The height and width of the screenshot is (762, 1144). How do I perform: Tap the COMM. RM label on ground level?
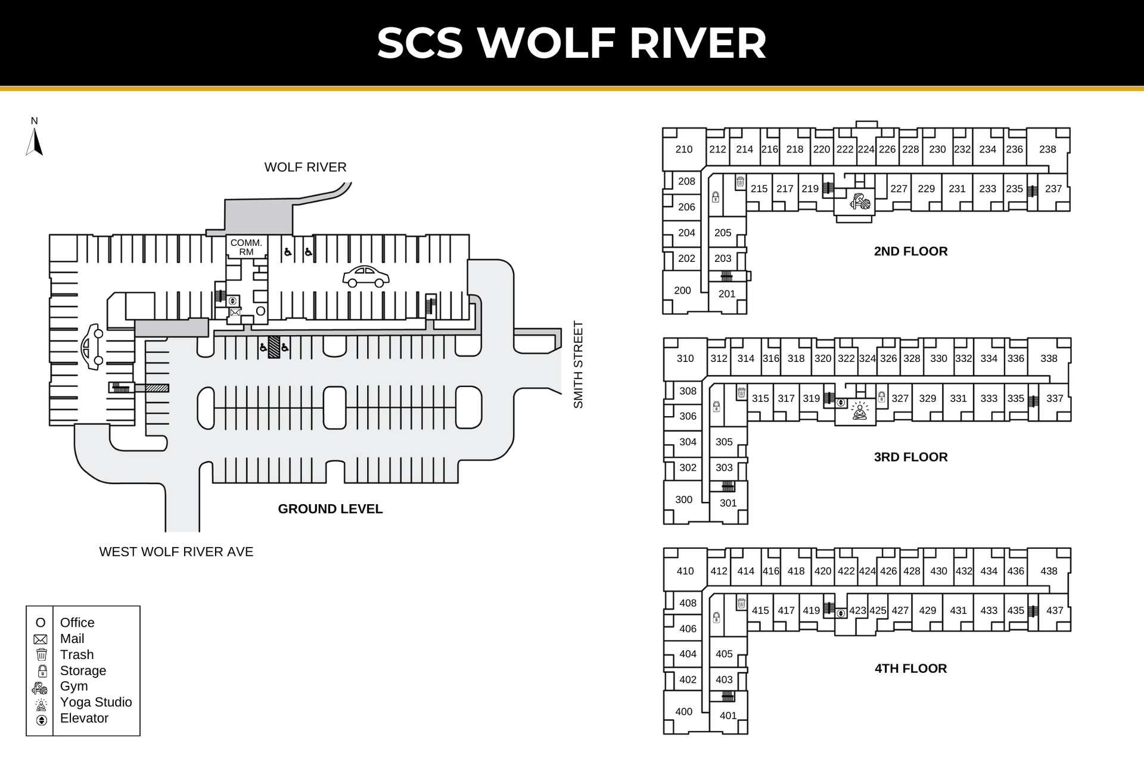pyautogui.click(x=246, y=247)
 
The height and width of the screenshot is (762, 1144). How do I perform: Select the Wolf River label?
pyautogui.click(x=305, y=167)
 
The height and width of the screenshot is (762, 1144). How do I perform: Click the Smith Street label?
pyautogui.click(x=578, y=364)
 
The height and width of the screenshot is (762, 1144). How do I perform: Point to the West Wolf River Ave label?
pyautogui.click(x=176, y=552)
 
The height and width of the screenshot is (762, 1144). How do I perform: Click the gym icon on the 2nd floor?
pyautogui.click(x=860, y=202)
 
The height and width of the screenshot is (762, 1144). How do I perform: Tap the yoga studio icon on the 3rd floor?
pyautogui.click(x=860, y=411)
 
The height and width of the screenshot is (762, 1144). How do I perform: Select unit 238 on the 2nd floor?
pyautogui.click(x=1047, y=149)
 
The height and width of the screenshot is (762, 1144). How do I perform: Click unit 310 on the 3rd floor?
pyautogui.click(x=685, y=358)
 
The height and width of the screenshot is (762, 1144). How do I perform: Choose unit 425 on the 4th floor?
pyautogui.click(x=878, y=610)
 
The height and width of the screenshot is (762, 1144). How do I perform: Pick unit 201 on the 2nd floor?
pyautogui.click(x=727, y=293)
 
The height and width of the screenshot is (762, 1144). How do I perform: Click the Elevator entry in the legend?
pyautogui.click(x=84, y=719)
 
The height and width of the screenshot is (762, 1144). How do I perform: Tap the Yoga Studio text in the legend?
pyautogui.click(x=96, y=702)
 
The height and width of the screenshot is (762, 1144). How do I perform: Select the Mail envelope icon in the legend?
pyautogui.click(x=41, y=639)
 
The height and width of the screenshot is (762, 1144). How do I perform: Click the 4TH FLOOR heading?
pyautogui.click(x=910, y=669)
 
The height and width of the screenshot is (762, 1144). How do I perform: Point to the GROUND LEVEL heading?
pyautogui.click(x=330, y=509)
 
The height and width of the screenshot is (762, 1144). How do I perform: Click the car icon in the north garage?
pyautogui.click(x=366, y=277)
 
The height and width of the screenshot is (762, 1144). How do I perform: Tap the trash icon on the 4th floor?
pyautogui.click(x=741, y=603)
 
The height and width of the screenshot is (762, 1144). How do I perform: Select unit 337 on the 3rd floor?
pyautogui.click(x=1055, y=398)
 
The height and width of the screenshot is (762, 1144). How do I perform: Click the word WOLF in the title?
pyautogui.click(x=546, y=43)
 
